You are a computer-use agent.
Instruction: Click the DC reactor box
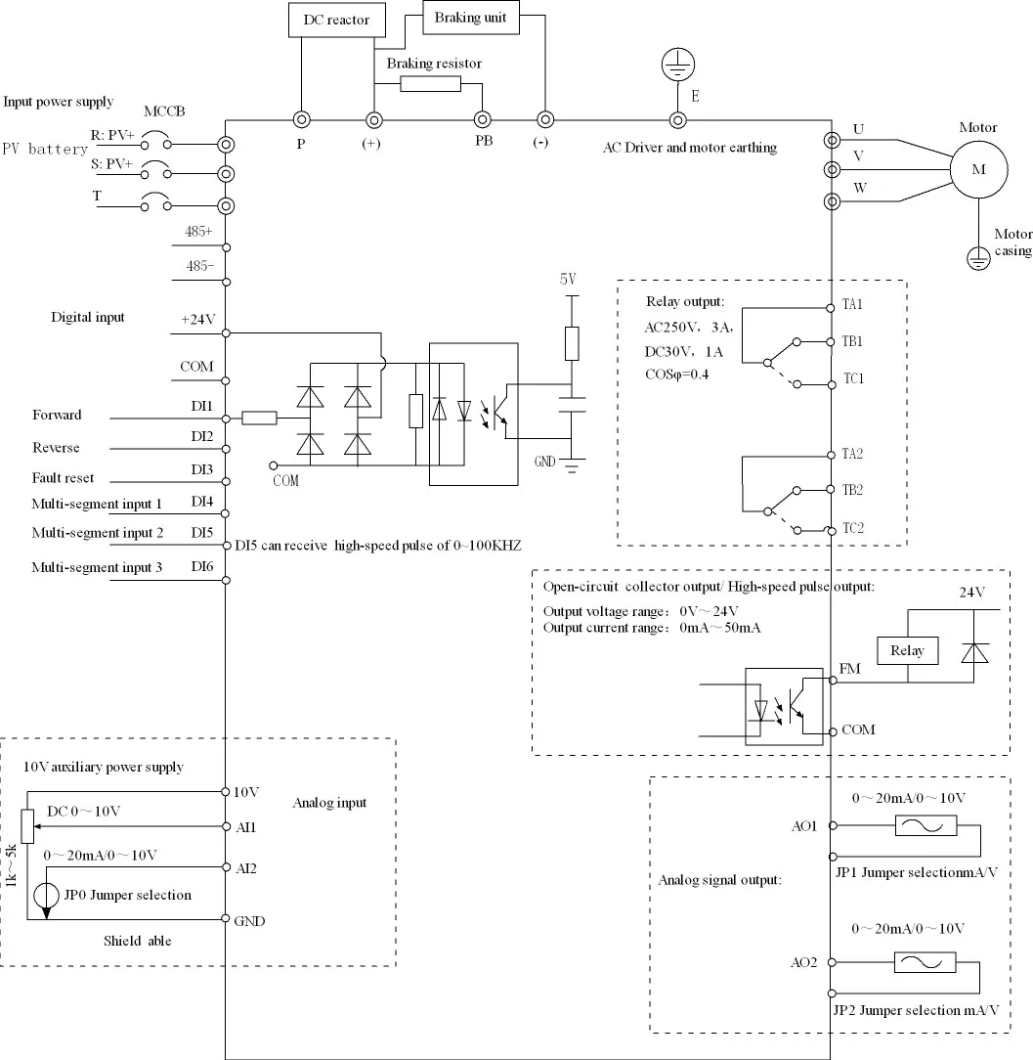pyautogui.click(x=336, y=21)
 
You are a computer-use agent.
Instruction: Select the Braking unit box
pyautogui.click(x=471, y=18)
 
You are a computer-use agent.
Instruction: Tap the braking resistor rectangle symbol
pyautogui.click(x=430, y=84)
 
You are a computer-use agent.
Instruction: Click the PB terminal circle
pyautogui.click(x=482, y=119)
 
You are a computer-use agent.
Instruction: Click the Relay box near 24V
pyautogui.click(x=907, y=650)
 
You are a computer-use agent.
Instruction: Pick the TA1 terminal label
pyautogui.click(x=853, y=304)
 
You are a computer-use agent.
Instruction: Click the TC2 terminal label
pyautogui.click(x=853, y=528)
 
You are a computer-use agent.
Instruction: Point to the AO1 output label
pyautogui.click(x=803, y=825)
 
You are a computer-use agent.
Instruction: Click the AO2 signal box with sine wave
pyautogui.click(x=925, y=962)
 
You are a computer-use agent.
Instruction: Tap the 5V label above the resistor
pyautogui.click(x=569, y=278)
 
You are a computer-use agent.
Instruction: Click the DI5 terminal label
pyautogui.click(x=202, y=533)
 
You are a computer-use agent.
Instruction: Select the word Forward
pyautogui.click(x=57, y=415)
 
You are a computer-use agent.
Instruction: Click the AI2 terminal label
pyautogui.click(x=245, y=867)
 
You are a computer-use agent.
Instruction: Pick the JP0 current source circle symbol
pyautogui.click(x=46, y=896)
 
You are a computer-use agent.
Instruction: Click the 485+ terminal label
pyautogui.click(x=199, y=232)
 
